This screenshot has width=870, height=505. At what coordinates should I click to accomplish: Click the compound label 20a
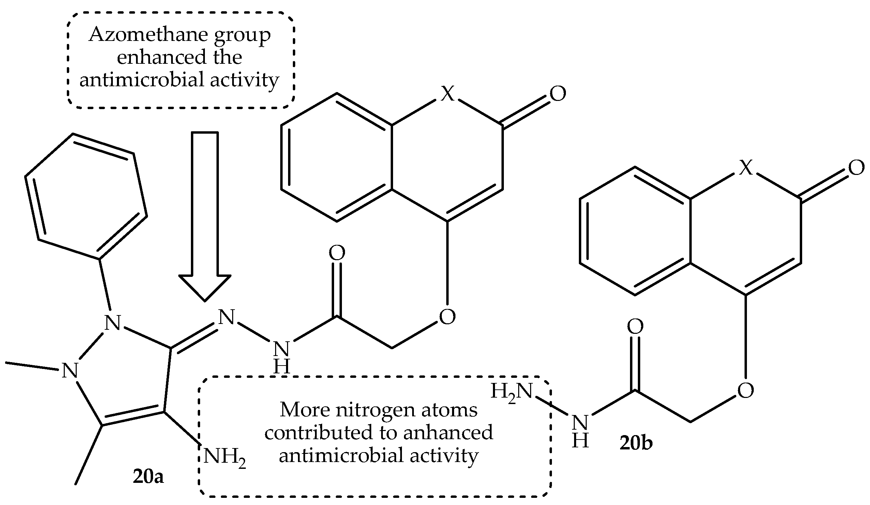pyautogui.click(x=148, y=477)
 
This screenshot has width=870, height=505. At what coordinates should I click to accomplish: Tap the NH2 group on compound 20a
pyautogui.click(x=224, y=457)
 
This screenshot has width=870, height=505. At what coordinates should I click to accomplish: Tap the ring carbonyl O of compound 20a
pyautogui.click(x=558, y=94)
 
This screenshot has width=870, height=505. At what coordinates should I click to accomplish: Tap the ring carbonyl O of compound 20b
pyautogui.click(x=856, y=168)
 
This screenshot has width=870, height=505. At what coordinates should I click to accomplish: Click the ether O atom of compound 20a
pyautogui.click(x=447, y=316)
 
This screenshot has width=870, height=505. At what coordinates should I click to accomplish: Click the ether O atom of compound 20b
pyautogui.click(x=746, y=391)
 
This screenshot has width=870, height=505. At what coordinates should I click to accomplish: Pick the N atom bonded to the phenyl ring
pyautogui.click(x=112, y=322)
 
